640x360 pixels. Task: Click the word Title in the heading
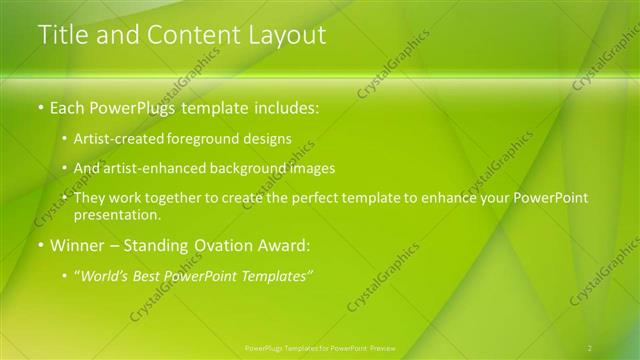point(61,35)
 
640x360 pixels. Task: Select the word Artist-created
point(118,139)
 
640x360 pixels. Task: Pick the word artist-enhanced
point(145,168)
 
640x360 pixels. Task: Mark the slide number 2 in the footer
point(590,348)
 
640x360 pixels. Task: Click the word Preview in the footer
point(383,348)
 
